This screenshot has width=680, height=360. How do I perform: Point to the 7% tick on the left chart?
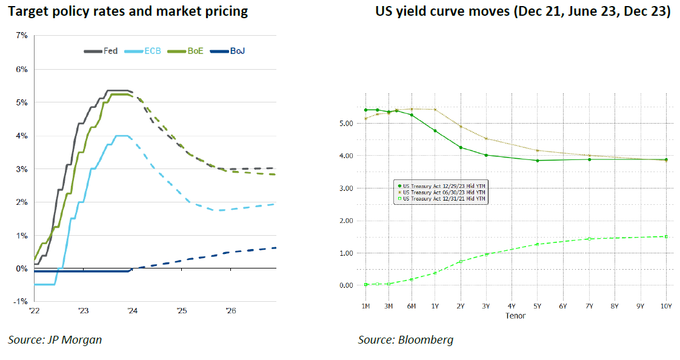pos(21,36)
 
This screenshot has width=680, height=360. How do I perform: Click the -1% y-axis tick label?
pos(20,302)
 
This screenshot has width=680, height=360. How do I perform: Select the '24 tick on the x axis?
pos(132,310)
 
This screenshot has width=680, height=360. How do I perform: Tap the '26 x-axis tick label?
pos(230,310)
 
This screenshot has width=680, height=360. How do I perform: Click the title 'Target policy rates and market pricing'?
pos(128,12)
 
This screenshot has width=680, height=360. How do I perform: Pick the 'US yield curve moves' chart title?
pos(523,12)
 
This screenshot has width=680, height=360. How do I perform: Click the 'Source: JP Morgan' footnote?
pos(55,340)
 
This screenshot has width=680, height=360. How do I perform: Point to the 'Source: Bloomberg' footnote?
pos(405,340)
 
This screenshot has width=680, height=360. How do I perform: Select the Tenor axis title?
pos(516,316)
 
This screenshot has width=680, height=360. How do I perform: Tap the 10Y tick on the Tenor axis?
pos(665,307)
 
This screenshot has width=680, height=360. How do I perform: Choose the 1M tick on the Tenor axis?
pos(365,307)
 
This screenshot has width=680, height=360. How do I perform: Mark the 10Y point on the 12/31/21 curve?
pos(665,236)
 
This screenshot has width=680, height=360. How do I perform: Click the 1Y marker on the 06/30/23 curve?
pos(435,110)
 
